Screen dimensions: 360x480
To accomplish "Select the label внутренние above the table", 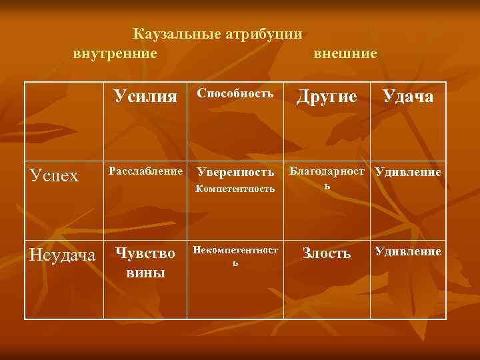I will click(x=115, y=52).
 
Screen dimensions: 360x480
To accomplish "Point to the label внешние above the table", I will click(x=345, y=52).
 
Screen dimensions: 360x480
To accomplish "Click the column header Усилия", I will click(x=146, y=97).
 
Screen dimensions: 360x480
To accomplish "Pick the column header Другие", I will click(x=327, y=97).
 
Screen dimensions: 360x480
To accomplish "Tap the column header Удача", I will click(x=407, y=97).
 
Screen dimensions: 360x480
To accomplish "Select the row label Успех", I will click(x=55, y=175).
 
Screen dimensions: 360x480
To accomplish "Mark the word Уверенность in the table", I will click(x=235, y=173).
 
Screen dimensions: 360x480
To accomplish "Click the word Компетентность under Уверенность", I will click(x=235, y=189).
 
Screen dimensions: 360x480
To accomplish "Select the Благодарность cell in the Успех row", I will click(x=327, y=177).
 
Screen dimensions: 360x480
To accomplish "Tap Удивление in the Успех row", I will click(x=408, y=172).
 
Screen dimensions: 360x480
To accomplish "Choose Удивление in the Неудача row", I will click(x=408, y=251).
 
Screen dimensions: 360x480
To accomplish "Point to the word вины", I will click(x=145, y=273).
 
